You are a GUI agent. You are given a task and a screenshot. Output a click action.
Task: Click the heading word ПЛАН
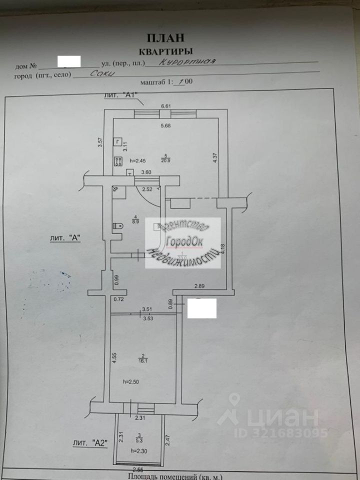click(165, 37)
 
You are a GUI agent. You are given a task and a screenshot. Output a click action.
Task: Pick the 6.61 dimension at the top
click(165, 106)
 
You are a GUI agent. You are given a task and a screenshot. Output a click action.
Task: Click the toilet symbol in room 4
click(118, 226)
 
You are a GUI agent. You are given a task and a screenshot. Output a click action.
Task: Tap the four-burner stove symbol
click(119, 161)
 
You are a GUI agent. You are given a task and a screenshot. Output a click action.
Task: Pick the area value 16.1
click(143, 358)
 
